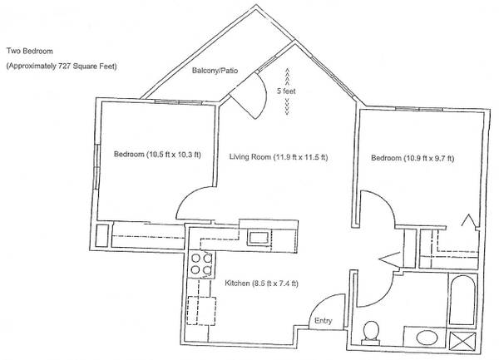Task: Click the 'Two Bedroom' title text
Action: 30,51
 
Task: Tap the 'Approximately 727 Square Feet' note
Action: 62,67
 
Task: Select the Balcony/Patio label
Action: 215,71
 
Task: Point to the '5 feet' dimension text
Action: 286,91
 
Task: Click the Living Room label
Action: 279,157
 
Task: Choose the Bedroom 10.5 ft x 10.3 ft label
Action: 157,155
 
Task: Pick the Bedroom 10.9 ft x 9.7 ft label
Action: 413,158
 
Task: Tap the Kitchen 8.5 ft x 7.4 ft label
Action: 261,283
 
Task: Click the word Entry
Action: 323,321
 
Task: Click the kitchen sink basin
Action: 259,238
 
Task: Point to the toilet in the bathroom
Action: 371,333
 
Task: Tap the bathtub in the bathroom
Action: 463,300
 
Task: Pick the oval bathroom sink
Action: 427,338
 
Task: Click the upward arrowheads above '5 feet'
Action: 287,76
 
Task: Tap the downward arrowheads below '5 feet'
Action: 287,106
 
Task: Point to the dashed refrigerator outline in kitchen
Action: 201,311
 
